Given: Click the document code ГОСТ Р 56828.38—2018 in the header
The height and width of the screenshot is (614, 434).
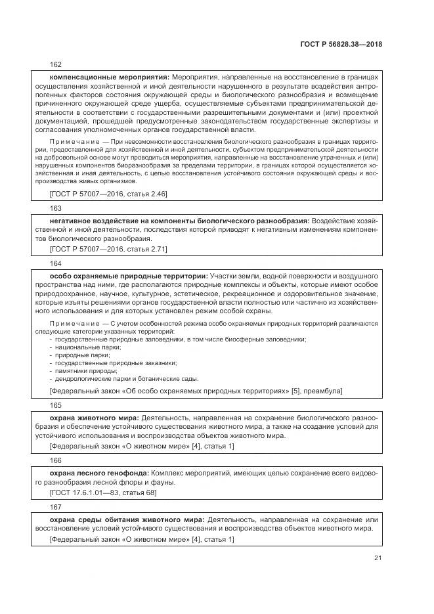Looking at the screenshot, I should [341, 45].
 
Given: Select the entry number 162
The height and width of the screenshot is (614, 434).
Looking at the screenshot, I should [56, 64].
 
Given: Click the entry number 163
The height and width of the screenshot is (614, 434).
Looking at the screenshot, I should [56, 208].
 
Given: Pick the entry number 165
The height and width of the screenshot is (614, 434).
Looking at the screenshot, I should [56, 405].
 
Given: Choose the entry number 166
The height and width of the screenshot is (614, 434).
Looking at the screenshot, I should [56, 460].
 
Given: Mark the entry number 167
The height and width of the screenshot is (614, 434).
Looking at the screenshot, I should [56, 506].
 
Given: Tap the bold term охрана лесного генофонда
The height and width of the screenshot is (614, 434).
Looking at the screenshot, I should [99, 473].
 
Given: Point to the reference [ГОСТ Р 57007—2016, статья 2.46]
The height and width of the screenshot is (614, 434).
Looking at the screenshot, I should [108, 194].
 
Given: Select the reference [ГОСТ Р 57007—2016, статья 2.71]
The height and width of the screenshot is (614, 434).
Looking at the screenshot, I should [108, 250].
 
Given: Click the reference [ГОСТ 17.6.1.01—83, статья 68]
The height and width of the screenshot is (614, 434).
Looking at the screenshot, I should [102, 493].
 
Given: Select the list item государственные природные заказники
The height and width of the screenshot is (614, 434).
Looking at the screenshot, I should [116, 362].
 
